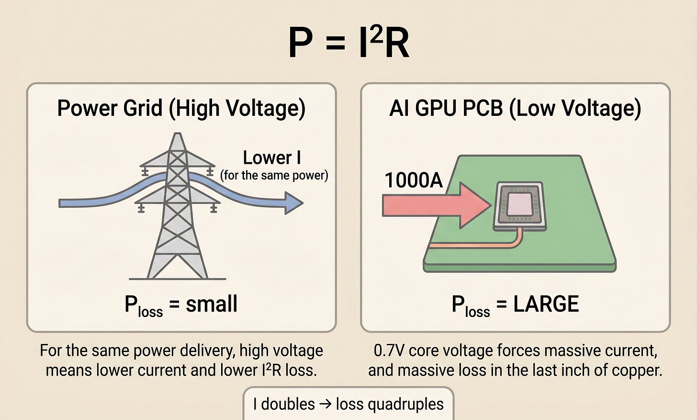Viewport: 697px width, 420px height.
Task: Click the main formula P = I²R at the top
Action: pyautogui.click(x=348, y=43)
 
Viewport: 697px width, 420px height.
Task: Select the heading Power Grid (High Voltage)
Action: pyautogui.click(x=181, y=108)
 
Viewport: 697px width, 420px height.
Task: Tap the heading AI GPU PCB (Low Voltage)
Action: pyautogui.click(x=515, y=108)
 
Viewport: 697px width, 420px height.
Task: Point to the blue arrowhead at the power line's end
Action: pyautogui.click(x=293, y=203)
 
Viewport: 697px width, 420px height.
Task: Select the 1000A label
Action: pyautogui.click(x=414, y=181)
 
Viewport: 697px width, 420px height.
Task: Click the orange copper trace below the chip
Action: pyautogui.click(x=479, y=246)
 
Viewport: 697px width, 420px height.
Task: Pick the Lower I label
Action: pyautogui.click(x=272, y=158)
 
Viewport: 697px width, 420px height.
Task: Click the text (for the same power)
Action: pyautogui.click(x=274, y=175)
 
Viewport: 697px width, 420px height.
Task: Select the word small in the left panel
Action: pyautogui.click(x=212, y=304)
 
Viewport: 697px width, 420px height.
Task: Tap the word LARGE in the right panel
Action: pyautogui.click(x=546, y=304)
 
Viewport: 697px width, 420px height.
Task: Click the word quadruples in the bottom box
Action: pyautogui.click(x=390, y=404)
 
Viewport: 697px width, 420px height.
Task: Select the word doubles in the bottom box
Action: pyautogui.click(x=288, y=404)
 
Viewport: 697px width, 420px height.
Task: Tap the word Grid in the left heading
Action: pyautogui.click(x=143, y=108)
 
